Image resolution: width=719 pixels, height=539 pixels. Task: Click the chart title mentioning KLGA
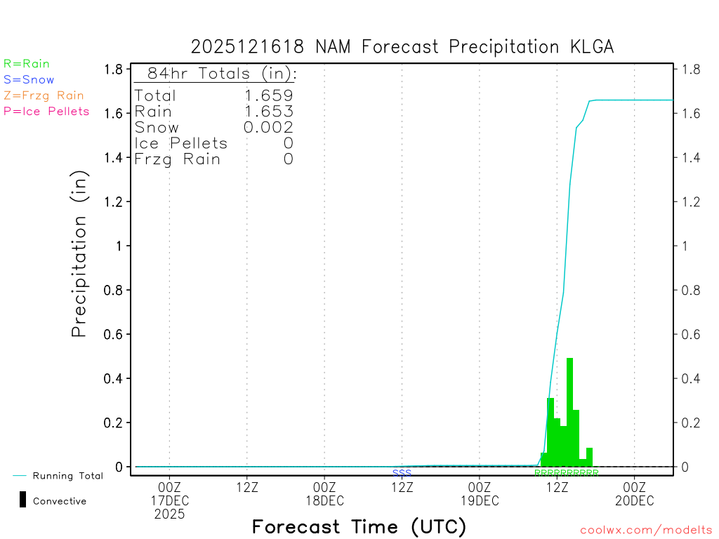pos(402,47)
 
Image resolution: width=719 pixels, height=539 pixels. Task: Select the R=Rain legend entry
pos(27,64)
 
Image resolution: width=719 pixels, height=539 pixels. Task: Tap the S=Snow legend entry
pos(29,80)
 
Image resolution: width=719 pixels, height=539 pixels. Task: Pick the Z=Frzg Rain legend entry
pos(44,95)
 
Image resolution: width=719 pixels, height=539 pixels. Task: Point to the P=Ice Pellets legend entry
pos(46,111)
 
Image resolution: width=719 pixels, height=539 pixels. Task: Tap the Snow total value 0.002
pos(268,127)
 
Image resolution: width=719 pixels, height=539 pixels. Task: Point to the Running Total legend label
pos(67,476)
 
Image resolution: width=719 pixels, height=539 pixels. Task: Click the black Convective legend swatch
pos(22,500)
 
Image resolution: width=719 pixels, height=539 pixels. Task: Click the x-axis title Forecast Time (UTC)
pos(359,526)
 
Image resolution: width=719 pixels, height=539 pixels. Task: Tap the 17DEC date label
pos(170,500)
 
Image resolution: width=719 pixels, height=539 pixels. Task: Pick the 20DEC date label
pos(635,500)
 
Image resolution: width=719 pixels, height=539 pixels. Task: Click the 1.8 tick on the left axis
pos(114,69)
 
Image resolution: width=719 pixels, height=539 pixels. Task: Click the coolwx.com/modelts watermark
pos(646,531)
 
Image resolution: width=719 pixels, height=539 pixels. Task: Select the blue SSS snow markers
pos(402,473)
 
